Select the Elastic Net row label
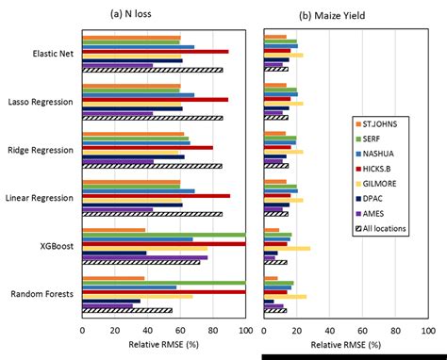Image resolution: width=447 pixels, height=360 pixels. pos(53,54)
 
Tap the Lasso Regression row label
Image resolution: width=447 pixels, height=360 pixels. pos(42,101)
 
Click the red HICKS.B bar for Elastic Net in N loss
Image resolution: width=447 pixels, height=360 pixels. pos(156,51)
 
